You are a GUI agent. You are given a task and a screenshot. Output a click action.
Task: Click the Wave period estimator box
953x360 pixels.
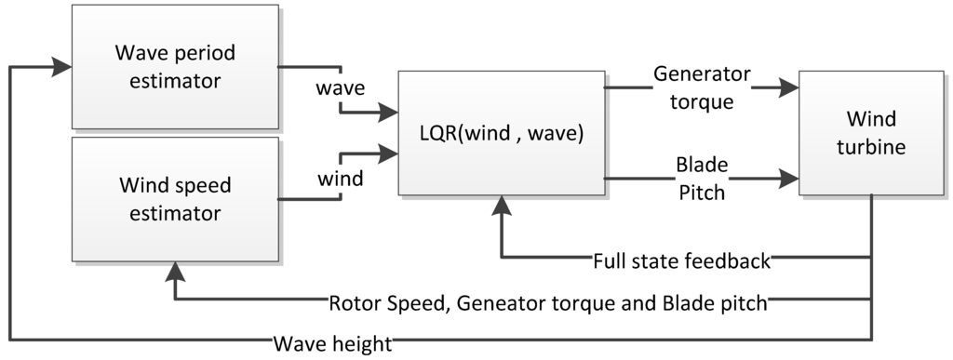tap(175, 66)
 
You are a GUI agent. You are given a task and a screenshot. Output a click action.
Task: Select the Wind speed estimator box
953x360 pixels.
tap(175, 199)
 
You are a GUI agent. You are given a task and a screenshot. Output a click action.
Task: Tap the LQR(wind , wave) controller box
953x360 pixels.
tap(502, 132)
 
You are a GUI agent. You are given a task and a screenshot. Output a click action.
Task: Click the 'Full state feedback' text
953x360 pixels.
tap(681, 260)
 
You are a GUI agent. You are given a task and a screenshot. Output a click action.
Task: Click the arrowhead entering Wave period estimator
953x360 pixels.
tap(63, 66)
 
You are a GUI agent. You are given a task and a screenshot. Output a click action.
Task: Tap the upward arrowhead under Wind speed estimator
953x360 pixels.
tap(174, 270)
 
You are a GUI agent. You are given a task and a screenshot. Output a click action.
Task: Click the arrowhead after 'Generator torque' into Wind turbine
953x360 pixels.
tap(790, 88)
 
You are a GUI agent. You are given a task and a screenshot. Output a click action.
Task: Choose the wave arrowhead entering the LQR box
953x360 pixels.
tap(389, 114)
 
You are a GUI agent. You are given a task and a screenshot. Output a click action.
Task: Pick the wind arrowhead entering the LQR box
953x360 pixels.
tap(389, 150)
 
